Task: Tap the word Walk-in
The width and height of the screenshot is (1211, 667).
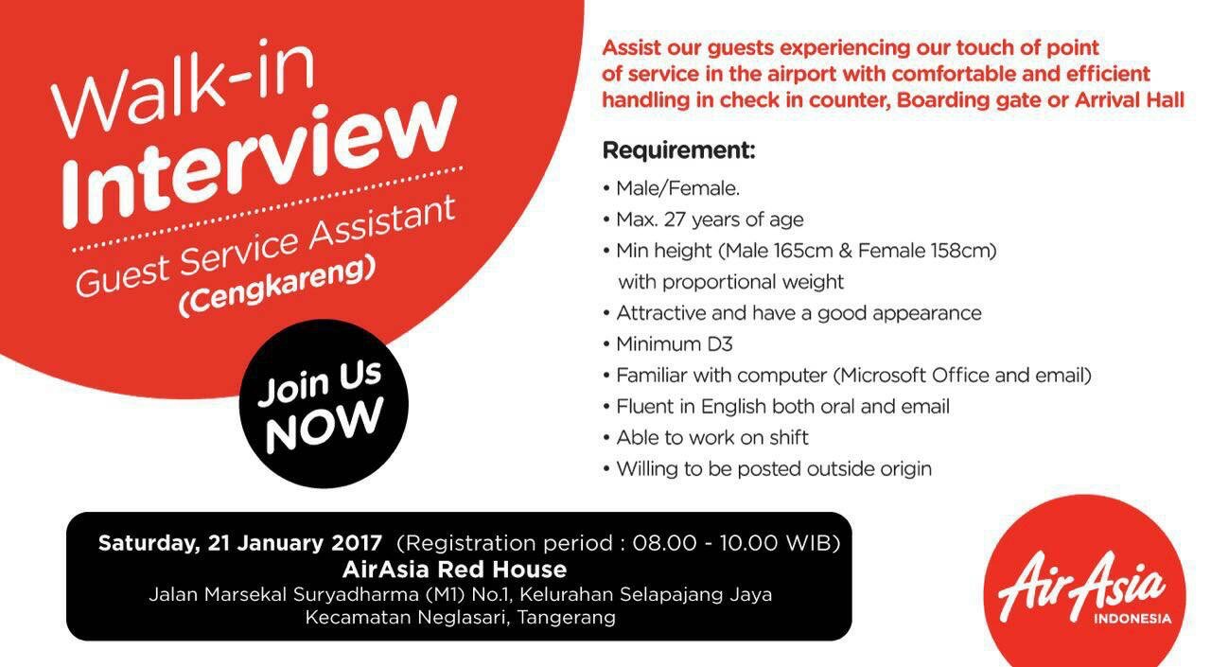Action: (184, 89)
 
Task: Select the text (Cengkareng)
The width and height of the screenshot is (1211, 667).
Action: (277, 287)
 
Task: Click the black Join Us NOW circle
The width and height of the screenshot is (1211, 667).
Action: (324, 404)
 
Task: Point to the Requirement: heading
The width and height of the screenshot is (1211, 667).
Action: (679, 150)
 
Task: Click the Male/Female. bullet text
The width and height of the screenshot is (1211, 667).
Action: (678, 188)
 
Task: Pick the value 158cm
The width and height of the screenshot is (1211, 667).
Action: (962, 251)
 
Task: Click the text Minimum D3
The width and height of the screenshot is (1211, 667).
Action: (675, 344)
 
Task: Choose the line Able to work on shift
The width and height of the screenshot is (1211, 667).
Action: (712, 437)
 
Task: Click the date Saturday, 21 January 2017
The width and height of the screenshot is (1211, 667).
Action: (240, 543)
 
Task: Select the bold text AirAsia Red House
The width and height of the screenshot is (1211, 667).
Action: (455, 570)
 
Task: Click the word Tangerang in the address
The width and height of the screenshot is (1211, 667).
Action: (566, 618)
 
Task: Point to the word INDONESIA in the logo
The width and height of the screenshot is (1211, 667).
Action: (1132, 619)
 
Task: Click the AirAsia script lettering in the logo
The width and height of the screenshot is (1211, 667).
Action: (1080, 587)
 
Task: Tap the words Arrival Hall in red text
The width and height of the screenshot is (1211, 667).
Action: (1130, 100)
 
